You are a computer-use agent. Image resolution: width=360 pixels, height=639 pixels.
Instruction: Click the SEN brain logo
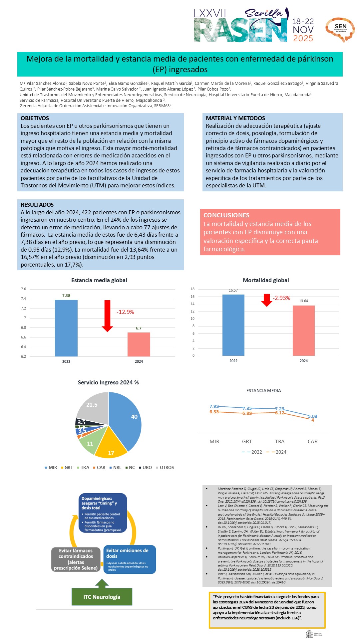(x=340, y=29)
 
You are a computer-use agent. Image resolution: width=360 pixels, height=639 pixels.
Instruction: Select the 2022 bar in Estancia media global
(x=66, y=328)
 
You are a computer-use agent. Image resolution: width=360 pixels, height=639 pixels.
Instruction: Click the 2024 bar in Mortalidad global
(x=303, y=330)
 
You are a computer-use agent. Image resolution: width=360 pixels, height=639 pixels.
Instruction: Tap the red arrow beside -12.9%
(x=107, y=316)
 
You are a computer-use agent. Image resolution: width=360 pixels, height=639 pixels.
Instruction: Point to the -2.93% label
(x=281, y=298)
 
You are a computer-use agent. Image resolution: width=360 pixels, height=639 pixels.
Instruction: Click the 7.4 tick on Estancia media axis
(x=23, y=299)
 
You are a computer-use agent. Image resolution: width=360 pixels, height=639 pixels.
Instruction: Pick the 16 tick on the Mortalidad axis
(x=192, y=297)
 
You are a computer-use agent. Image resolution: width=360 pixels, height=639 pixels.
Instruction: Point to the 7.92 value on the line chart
(x=214, y=406)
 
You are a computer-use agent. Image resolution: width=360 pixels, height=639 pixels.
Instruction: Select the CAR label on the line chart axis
(x=312, y=442)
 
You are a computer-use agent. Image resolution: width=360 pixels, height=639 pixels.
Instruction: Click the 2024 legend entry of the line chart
(x=278, y=452)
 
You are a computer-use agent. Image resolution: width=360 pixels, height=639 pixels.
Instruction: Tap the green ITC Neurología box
(x=102, y=597)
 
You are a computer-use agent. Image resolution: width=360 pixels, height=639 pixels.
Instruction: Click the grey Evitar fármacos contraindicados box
(x=76, y=559)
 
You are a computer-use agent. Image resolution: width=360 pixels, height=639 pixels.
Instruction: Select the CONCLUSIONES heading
(x=226, y=215)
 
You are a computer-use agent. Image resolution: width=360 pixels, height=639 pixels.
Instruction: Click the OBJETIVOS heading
(x=35, y=118)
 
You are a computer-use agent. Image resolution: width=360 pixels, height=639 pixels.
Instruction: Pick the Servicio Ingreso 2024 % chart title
(x=108, y=382)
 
